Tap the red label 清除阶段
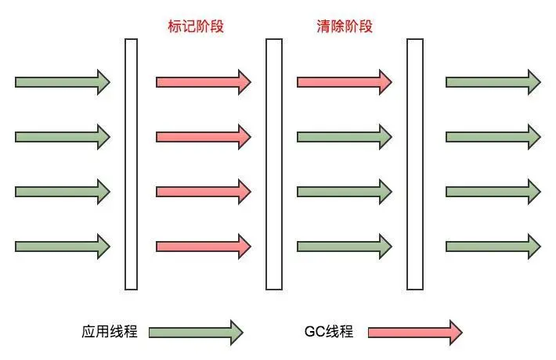click(x=339, y=26)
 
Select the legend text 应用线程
click(x=109, y=331)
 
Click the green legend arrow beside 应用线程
click(x=195, y=332)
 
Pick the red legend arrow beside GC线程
click(x=414, y=332)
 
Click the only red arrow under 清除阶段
click(x=344, y=81)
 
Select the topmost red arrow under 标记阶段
click(x=203, y=81)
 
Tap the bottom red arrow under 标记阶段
click(x=203, y=246)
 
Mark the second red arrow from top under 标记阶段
click(x=203, y=136)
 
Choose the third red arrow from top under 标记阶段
click(x=203, y=191)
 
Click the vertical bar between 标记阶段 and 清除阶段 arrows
click(x=273, y=164)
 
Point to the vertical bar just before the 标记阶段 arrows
click(x=132, y=164)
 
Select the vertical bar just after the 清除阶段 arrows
click(x=414, y=164)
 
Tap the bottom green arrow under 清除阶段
click(x=344, y=246)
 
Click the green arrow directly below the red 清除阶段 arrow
click(x=344, y=136)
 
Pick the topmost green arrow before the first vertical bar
click(x=62, y=81)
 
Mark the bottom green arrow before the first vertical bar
click(x=62, y=246)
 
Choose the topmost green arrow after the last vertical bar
click(x=493, y=81)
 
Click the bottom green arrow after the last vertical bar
click(x=493, y=246)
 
